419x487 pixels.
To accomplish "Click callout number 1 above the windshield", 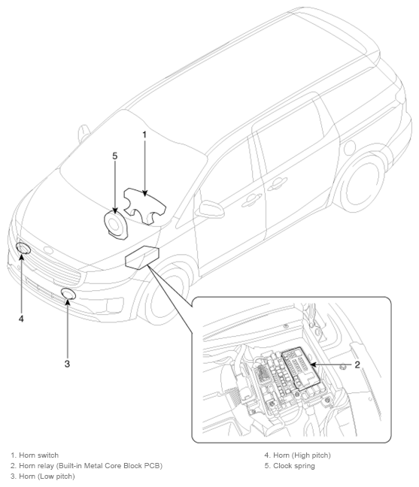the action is click(x=144, y=135).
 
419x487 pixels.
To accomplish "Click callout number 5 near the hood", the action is click(x=115, y=156).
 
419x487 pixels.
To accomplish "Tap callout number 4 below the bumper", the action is click(x=21, y=319).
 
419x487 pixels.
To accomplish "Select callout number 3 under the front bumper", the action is click(x=67, y=364).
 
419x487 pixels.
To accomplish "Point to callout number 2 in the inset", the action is click(x=357, y=364).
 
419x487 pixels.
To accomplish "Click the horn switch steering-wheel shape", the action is click(x=145, y=206).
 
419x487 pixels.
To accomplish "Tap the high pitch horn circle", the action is click(x=23, y=248).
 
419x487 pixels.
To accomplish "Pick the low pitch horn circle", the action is click(x=68, y=294).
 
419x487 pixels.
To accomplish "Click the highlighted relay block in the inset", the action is click(x=299, y=369).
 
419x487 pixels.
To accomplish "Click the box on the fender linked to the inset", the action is click(x=142, y=256).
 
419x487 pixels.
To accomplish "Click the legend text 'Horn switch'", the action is click(x=38, y=455).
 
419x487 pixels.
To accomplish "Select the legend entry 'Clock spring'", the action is click(x=293, y=466).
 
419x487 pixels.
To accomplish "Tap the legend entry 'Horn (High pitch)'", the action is click(x=302, y=455).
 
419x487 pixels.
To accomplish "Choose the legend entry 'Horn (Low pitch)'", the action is click(x=47, y=476).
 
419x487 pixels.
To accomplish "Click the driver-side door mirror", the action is click(x=211, y=209).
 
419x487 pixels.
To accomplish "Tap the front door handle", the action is click(x=252, y=201).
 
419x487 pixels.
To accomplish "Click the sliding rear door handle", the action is click(x=278, y=184).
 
